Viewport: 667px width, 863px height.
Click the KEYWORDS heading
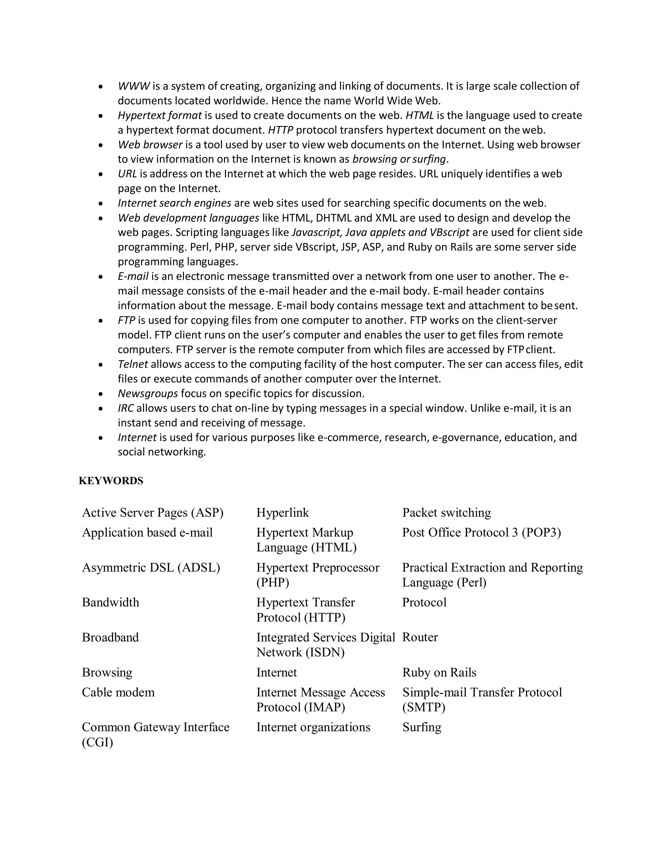tap(111, 481)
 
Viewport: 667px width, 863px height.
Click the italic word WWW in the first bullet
tap(134, 86)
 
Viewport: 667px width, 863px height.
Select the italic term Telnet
tap(133, 364)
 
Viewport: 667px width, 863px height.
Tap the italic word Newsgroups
tap(148, 394)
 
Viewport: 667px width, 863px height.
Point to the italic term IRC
tap(126, 408)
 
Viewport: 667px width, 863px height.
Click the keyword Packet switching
tap(447, 513)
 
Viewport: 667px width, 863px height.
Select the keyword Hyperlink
tap(282, 513)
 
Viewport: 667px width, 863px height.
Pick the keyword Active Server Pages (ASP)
tap(152, 513)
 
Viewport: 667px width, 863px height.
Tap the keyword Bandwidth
tap(110, 602)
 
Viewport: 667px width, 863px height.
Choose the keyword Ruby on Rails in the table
tap(439, 672)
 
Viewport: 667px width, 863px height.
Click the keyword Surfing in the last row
tap(422, 727)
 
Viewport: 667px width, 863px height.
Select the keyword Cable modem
tap(118, 692)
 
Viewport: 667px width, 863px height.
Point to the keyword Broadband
tap(110, 637)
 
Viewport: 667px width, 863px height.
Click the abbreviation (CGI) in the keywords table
tap(97, 743)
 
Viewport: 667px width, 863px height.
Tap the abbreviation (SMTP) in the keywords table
tap(424, 707)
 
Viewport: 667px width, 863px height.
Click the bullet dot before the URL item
tap(101, 174)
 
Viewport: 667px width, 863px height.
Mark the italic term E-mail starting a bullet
tap(133, 276)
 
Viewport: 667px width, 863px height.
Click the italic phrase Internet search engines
tap(174, 203)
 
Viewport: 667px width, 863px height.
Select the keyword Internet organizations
tap(313, 727)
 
